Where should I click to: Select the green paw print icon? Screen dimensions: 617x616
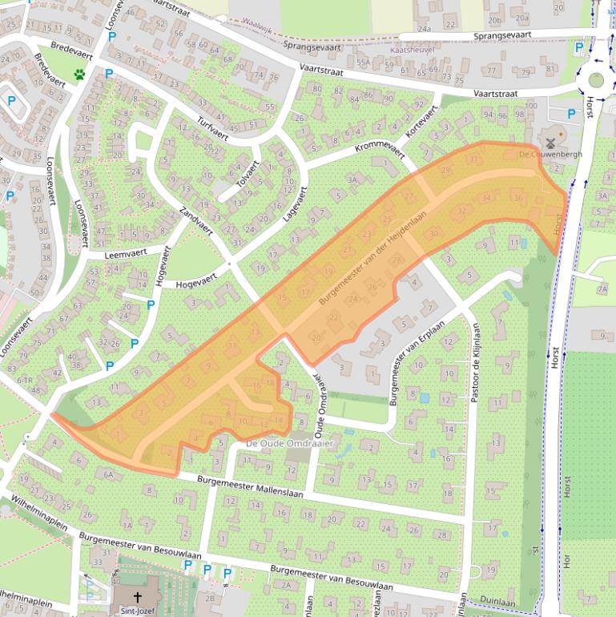80,75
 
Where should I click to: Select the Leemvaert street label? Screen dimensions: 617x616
128,253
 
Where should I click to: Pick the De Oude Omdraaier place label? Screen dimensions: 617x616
289,442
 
